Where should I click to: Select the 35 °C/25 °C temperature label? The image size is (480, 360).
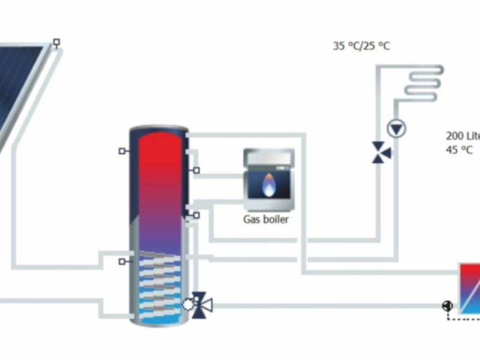(x=361, y=46)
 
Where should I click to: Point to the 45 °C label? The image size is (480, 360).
(x=459, y=150)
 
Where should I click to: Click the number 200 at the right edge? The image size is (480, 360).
(x=454, y=136)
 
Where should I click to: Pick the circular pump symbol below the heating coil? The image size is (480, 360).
(x=397, y=127)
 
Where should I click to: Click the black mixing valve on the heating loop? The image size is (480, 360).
(x=380, y=151)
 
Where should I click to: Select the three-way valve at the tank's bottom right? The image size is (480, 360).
(x=200, y=304)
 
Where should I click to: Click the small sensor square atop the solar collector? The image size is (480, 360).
(x=56, y=43)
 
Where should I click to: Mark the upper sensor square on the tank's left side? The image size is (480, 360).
(x=122, y=151)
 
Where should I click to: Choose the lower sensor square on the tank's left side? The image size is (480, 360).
(x=122, y=262)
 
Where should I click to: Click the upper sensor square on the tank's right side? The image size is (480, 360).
(x=196, y=171)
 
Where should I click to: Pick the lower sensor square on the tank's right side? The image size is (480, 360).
(x=196, y=214)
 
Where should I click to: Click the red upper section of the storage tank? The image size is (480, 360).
(x=159, y=162)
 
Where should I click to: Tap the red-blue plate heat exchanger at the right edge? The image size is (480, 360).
(x=470, y=288)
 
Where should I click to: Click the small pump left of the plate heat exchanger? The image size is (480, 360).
(x=447, y=306)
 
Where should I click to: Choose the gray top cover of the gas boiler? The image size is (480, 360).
(x=269, y=157)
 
